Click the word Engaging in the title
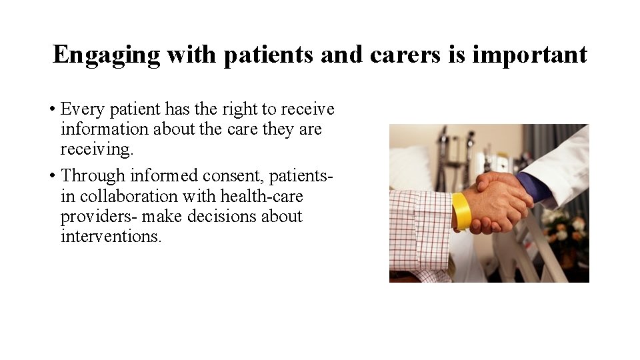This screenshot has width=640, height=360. coord(107,55)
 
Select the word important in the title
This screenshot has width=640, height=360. coord(529,55)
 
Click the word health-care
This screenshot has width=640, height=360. coord(261,196)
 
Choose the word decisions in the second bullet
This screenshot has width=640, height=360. coord(223,216)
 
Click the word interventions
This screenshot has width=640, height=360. coord(111,237)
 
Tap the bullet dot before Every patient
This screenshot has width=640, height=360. coord(51,109)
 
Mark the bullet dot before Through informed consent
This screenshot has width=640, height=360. coord(51,176)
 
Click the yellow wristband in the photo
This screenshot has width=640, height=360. coord(461,211)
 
